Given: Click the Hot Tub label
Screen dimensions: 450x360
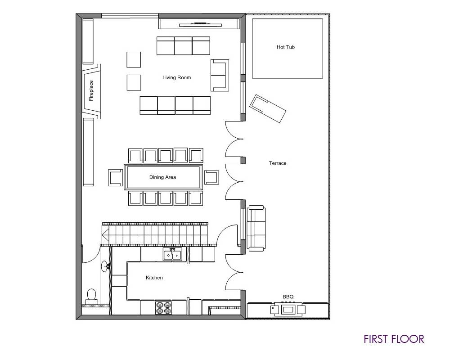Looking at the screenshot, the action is click(286, 47).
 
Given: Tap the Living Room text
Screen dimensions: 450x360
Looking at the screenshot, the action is click(176, 77).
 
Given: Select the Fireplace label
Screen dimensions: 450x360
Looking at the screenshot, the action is click(91, 91).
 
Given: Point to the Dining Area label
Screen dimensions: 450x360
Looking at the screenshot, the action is click(162, 177).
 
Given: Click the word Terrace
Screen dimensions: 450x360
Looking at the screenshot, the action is click(278, 163).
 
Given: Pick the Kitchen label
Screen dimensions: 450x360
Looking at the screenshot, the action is click(154, 278).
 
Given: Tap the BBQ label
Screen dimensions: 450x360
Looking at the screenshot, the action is click(288, 297).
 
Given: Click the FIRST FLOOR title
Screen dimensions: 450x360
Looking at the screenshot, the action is click(394, 339).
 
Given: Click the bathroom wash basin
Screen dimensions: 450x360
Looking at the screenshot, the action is click(105, 266).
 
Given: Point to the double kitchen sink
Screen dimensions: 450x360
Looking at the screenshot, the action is click(172, 255).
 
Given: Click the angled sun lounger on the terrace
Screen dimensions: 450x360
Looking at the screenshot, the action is click(268, 108).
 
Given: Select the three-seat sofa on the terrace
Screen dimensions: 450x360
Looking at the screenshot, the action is click(257, 228).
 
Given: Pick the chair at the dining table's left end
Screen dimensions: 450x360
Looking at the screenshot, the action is click(116, 178).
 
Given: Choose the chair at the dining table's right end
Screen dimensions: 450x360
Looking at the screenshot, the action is click(211, 177).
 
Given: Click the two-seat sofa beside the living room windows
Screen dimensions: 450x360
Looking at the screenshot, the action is click(220, 75).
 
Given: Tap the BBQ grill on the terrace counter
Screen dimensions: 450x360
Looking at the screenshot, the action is click(288, 309).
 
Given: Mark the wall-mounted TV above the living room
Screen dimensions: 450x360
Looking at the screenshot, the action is click(200, 25).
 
